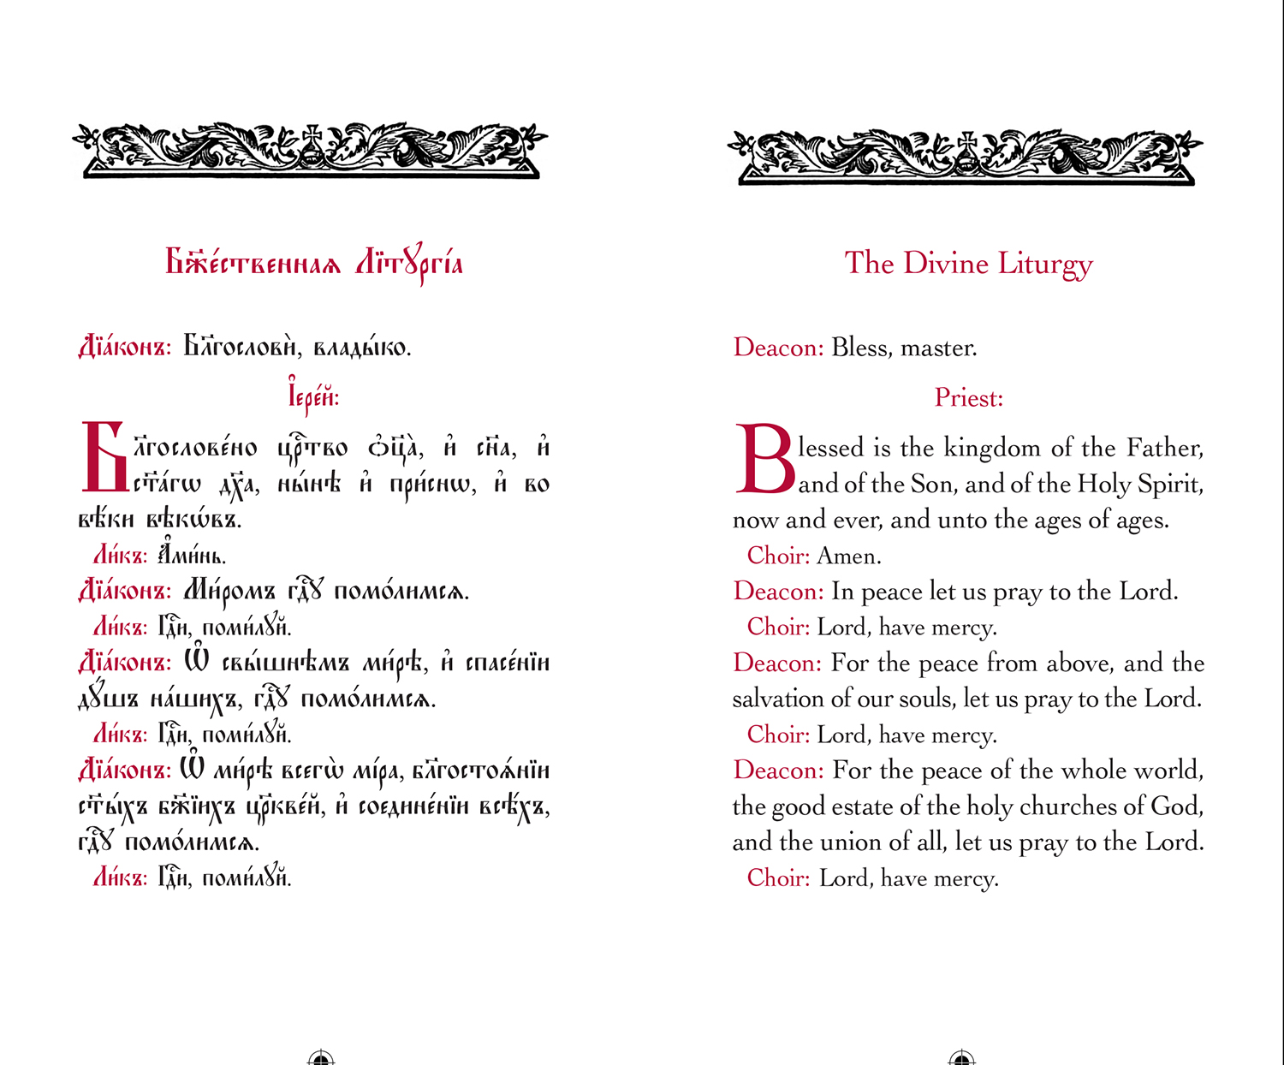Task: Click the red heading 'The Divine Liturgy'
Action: tap(968, 264)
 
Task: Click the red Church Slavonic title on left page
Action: tap(313, 264)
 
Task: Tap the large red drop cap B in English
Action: tap(764, 460)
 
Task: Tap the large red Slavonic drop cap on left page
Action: tap(103, 457)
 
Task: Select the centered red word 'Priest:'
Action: tap(968, 398)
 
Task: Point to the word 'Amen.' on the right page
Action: tap(848, 556)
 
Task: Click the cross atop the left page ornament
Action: tap(312, 135)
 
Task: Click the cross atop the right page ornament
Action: tap(967, 140)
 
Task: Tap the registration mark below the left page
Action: tap(320, 1059)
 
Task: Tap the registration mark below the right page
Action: tap(962, 1059)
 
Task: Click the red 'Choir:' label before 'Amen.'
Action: tap(778, 556)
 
